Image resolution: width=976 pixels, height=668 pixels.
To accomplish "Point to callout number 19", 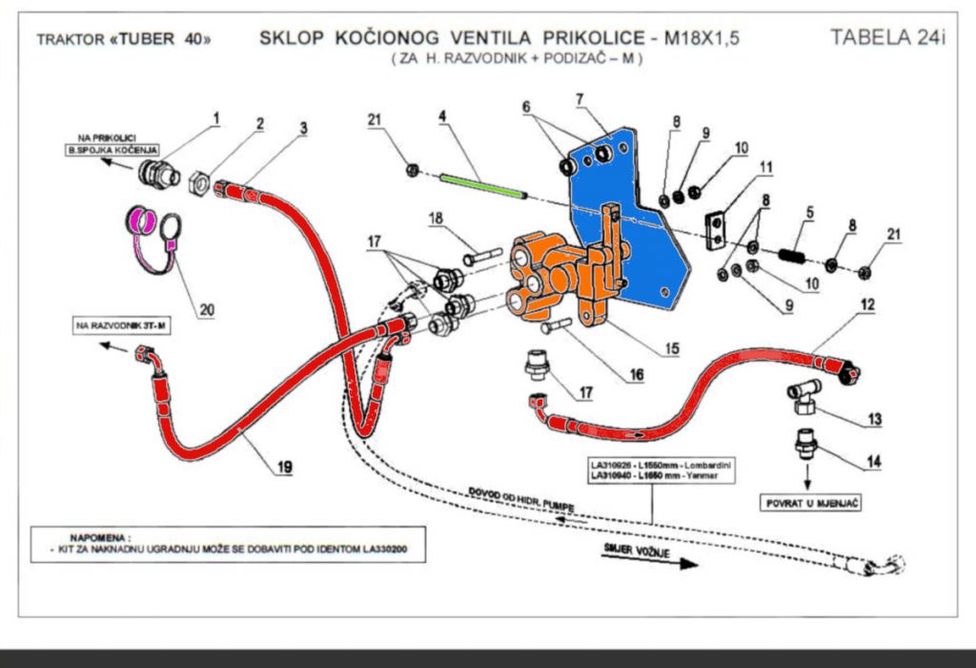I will pyautogui.click(x=284, y=467).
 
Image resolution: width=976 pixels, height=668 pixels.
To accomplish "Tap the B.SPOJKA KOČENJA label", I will pyautogui.click(x=112, y=151).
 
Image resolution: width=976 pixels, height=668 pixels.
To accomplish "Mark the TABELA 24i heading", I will pyautogui.click(x=887, y=38).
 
